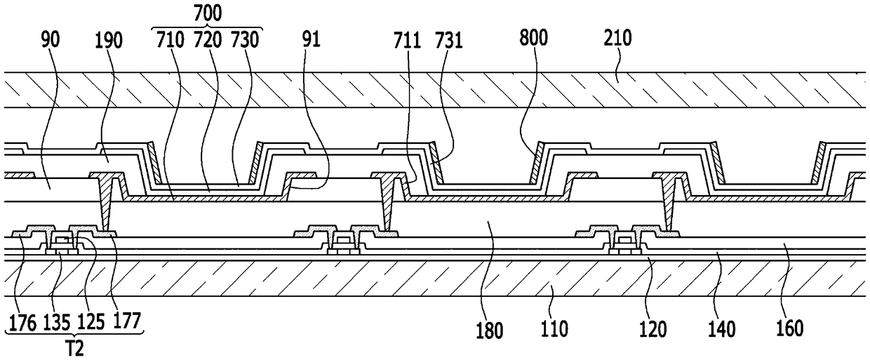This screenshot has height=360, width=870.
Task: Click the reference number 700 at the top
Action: tap(208, 13)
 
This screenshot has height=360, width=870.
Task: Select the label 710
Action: tap(170, 40)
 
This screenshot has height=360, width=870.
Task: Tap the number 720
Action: tap(208, 40)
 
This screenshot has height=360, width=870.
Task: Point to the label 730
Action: tap(245, 40)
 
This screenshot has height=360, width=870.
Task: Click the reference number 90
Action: tap(51, 40)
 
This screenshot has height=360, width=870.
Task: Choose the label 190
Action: tap(109, 40)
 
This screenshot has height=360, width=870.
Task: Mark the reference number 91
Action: tap(311, 39)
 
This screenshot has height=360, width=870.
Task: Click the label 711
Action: tap(407, 41)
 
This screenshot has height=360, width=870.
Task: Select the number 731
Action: tap(449, 41)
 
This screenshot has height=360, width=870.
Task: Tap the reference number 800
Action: tap(534, 38)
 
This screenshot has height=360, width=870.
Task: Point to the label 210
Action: tap(617, 38)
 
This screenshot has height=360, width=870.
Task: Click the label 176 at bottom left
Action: tap(23, 322)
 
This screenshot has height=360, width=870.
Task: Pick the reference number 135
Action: tap(57, 322)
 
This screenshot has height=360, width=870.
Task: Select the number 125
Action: tap(91, 322)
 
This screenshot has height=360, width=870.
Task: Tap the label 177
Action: tap(126, 321)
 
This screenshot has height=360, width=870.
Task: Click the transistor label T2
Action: tap(74, 348)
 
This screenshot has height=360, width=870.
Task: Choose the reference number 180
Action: tap(490, 331)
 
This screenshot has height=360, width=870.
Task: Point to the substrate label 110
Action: tap(554, 329)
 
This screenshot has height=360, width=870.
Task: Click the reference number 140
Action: tap(722, 329)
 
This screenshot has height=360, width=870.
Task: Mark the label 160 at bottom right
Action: tap(790, 328)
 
